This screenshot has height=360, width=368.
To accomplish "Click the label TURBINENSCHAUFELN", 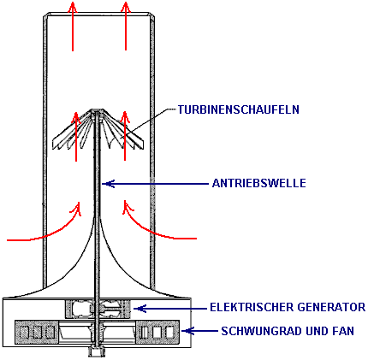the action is click(x=239, y=109).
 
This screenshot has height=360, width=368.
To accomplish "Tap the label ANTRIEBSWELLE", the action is click(x=259, y=183).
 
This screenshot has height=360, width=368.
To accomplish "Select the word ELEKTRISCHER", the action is click(x=252, y=307).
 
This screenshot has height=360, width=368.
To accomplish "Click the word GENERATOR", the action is click(x=331, y=307).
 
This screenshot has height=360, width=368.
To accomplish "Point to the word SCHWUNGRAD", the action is click(x=261, y=331).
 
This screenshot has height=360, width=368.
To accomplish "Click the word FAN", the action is click(x=343, y=331).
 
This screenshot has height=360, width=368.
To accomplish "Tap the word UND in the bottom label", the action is click(x=318, y=331).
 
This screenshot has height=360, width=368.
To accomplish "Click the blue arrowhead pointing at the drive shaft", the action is click(x=108, y=184).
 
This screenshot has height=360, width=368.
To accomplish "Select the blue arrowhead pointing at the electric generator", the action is click(x=139, y=309).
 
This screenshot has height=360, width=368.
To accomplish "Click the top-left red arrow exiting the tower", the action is click(x=73, y=27).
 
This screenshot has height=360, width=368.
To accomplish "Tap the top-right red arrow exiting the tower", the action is click(x=126, y=26).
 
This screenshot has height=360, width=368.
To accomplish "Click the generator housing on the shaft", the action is click(x=98, y=309).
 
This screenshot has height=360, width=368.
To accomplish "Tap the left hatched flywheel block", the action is click(x=37, y=332).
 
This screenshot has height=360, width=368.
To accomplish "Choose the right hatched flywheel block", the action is click(x=157, y=332).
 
